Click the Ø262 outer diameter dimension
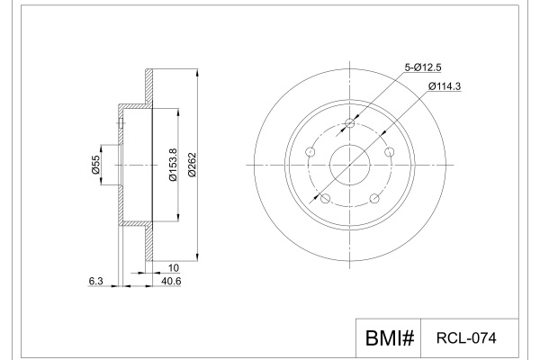tap(193, 165)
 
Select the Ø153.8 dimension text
tap(173, 165)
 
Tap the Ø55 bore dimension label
tap(95, 165)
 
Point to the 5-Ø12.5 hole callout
tap(423, 67)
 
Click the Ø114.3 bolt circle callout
tap(445, 86)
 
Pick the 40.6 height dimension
tap(171, 281)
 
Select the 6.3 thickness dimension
tap(95, 281)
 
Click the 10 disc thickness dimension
tap(174, 267)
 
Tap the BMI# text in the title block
tap(390, 337)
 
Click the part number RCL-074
tap(466, 338)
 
